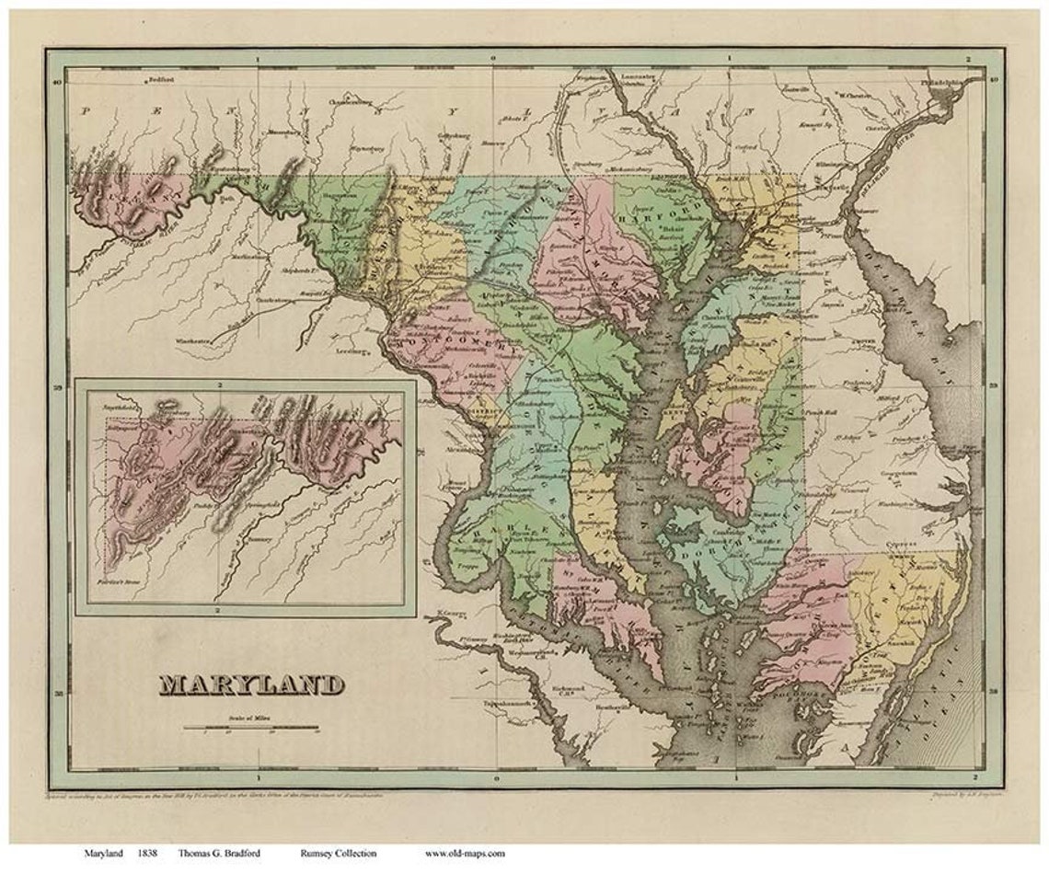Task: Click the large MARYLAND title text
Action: [252, 684]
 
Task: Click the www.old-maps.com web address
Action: [465, 853]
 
